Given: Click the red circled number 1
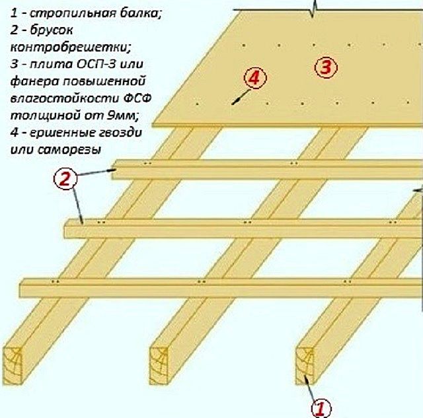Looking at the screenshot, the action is (321, 408).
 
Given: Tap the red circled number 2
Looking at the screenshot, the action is (65, 178).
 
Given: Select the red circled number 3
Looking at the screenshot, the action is (326, 67).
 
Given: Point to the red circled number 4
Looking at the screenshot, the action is (255, 78).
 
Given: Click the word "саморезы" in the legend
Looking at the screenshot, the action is (69, 150).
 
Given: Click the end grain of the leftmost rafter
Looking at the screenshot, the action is (12, 366).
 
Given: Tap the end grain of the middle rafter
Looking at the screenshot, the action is (159, 366).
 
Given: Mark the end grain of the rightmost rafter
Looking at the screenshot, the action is (305, 366).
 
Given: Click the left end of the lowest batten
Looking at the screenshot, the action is (20, 288).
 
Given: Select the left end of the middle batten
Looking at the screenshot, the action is (65, 228).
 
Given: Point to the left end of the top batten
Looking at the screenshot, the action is (113, 170).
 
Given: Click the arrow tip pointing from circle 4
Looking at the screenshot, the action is (233, 104).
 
